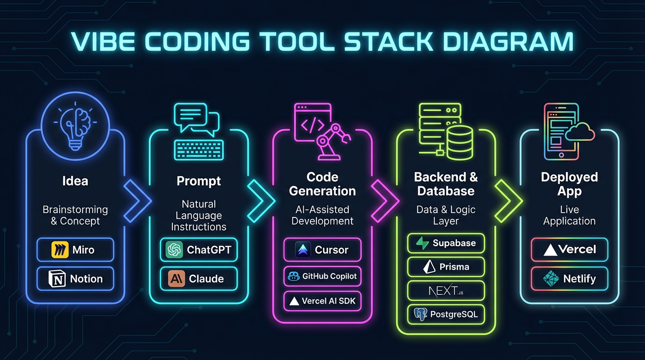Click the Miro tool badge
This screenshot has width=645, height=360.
(75, 249)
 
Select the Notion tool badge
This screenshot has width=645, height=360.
(75, 278)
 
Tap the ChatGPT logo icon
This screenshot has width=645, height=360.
(174, 250)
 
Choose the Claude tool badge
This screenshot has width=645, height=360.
(199, 278)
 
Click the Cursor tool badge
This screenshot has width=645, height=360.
(322, 250)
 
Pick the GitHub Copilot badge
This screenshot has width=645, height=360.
(322, 276)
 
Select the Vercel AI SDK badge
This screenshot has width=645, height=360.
(322, 301)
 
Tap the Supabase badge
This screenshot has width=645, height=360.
(446, 243)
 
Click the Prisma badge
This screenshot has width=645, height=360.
(446, 267)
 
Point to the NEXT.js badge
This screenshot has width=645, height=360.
(446, 291)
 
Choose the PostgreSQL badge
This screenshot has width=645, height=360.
(446, 314)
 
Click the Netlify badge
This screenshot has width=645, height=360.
(569, 278)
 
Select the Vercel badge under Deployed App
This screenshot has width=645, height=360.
(569, 249)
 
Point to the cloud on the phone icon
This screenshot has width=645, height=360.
(580, 133)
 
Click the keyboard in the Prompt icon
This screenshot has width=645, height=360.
(198, 149)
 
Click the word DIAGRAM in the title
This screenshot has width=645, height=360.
(508, 41)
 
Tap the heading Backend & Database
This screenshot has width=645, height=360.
(446, 184)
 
